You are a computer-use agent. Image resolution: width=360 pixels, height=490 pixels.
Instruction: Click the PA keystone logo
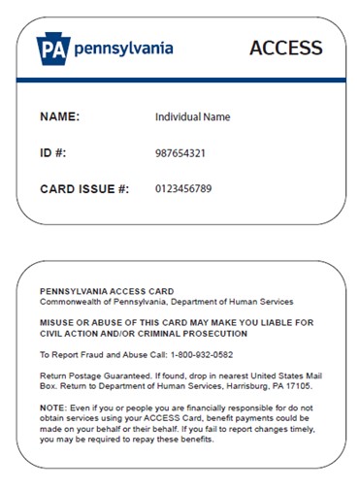coord(54,47)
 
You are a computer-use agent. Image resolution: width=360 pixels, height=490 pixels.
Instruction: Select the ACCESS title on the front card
coord(285,48)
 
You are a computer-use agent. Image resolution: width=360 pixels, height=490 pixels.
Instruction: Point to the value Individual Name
coord(192,117)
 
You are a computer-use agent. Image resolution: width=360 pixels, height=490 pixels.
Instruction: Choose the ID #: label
coord(55,153)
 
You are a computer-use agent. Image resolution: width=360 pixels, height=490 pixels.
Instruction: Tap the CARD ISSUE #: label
coord(83,188)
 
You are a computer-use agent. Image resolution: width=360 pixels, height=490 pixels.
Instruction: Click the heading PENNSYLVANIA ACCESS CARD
coord(106,291)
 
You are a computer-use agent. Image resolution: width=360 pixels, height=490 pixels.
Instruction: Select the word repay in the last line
coord(152,440)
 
